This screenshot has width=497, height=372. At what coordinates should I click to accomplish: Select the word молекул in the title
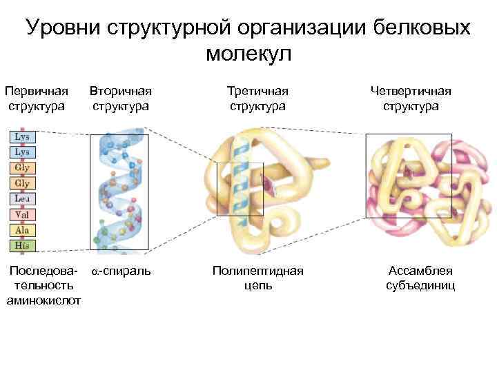pos(248,54)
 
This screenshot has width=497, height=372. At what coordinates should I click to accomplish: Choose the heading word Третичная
pos(258,91)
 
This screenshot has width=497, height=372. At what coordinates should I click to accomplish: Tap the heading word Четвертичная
pos(410,91)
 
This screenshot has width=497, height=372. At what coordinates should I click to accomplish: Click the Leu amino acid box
pos(22,198)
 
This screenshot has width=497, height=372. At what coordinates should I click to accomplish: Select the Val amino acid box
pos(22,214)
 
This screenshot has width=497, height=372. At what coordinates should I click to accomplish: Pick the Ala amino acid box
pos(22,230)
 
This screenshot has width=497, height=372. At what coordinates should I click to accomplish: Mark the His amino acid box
pos(22,245)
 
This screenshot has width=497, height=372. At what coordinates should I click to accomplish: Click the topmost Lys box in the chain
pos(22,136)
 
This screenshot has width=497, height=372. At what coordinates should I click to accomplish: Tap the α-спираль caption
pos(121,271)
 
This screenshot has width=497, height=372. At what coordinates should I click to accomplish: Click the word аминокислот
pos(43,300)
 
